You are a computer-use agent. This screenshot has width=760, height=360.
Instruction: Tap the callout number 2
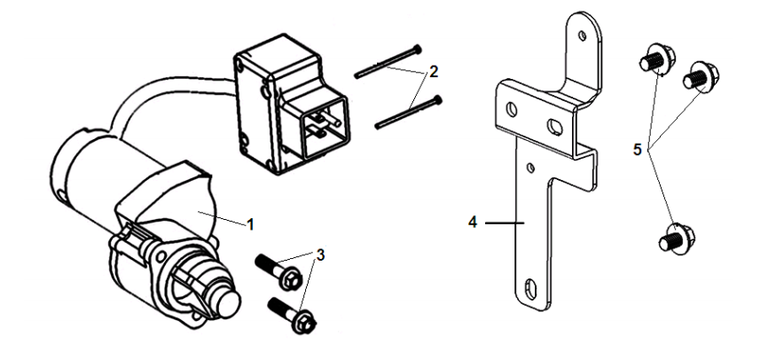click(x=433, y=72)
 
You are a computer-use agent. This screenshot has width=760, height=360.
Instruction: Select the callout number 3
click(x=321, y=254)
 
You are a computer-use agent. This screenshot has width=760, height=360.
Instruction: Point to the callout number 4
click(x=473, y=222)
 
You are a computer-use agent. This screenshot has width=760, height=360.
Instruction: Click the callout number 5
click(x=638, y=150)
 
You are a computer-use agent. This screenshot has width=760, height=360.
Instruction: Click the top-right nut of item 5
click(x=701, y=76)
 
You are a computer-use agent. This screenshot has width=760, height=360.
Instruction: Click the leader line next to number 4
click(x=505, y=222)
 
